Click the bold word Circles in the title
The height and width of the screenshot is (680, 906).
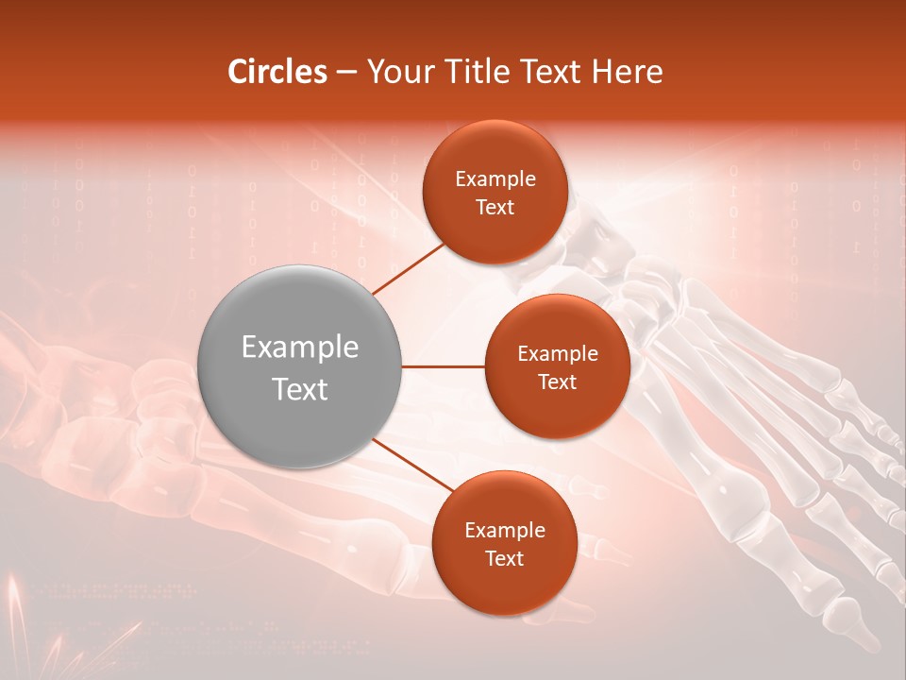pos(277,72)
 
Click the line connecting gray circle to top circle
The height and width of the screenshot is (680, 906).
pos(409,268)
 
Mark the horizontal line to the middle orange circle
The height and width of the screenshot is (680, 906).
pos(444,366)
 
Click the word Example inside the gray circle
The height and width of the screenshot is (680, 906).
pos(300,348)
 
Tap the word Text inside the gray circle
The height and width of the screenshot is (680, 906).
pos(300,389)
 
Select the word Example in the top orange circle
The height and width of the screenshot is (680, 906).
pos(495,179)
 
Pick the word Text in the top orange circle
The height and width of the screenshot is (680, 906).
pos(495,207)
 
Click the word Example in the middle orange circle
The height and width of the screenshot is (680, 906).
pos(557,354)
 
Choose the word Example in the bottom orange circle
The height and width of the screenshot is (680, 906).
pos(504,531)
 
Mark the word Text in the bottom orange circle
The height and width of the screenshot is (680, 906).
pos(504,558)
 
